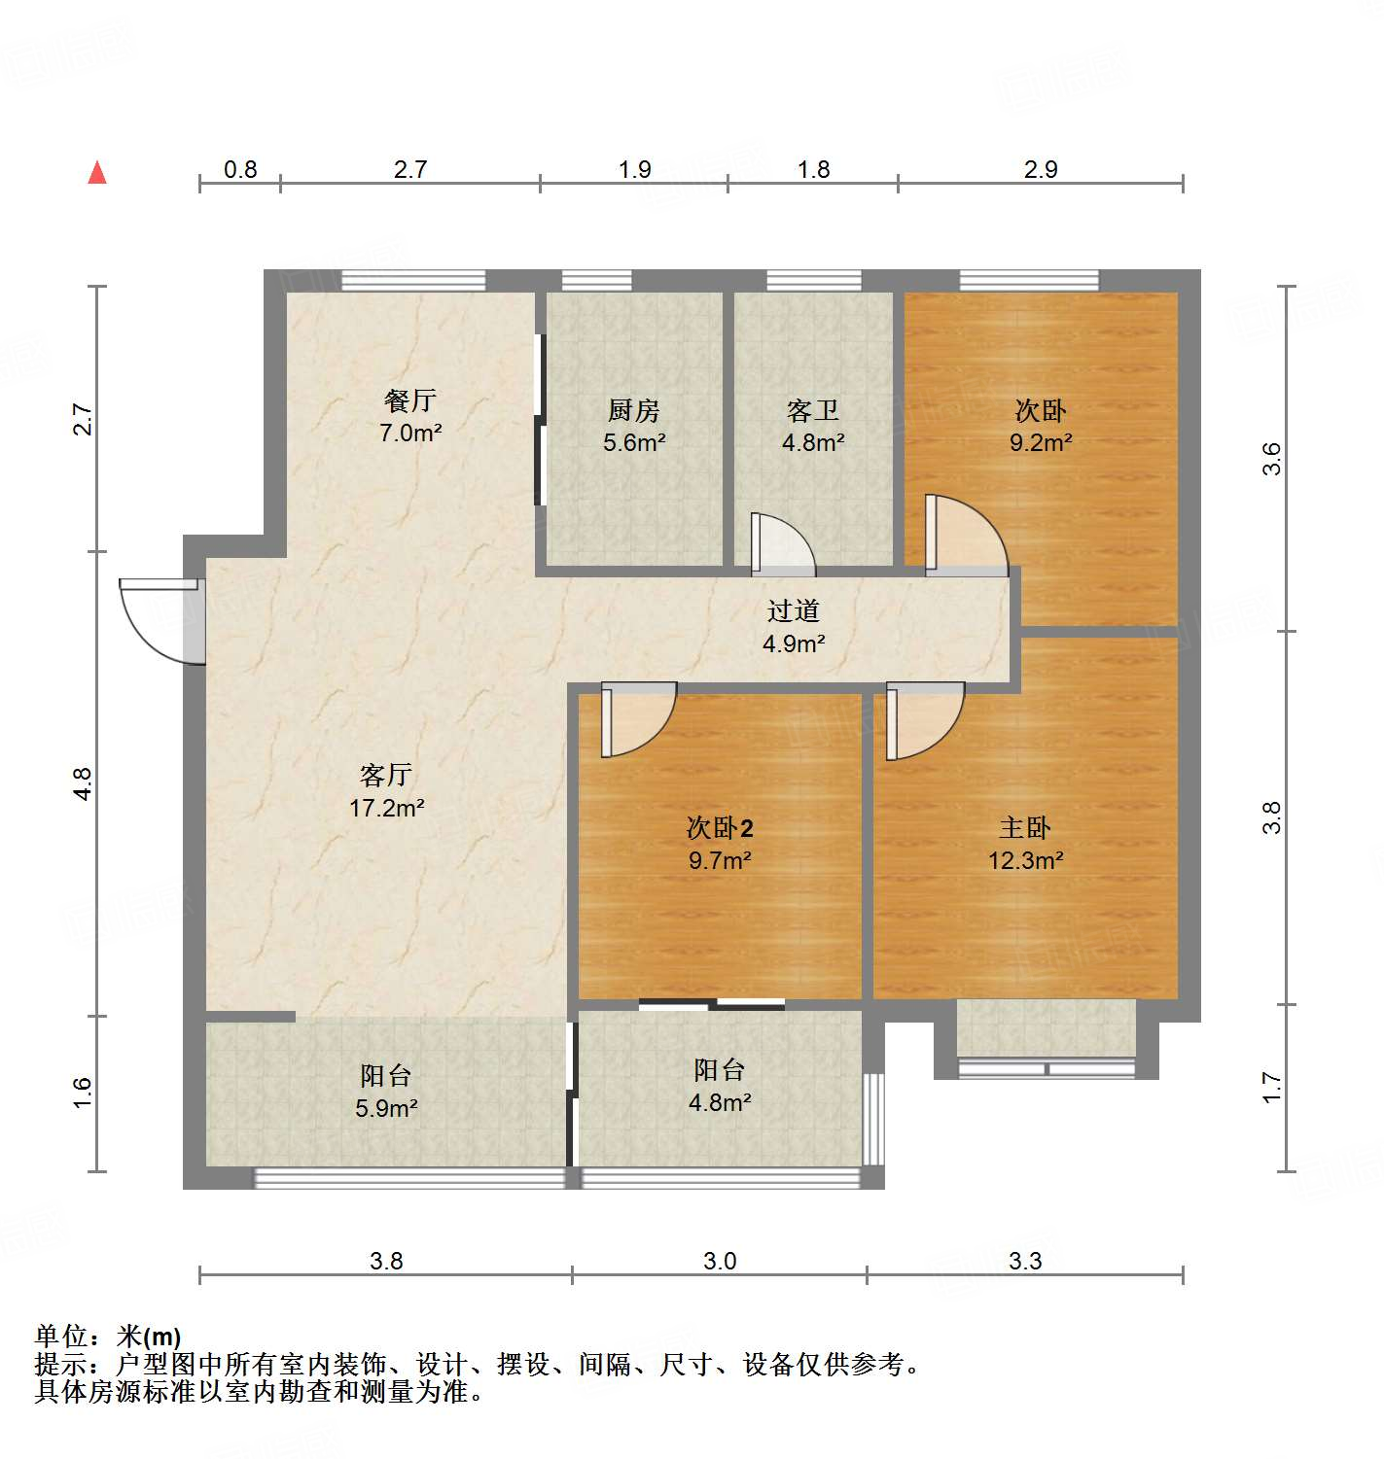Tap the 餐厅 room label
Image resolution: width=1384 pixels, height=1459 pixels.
point(410,400)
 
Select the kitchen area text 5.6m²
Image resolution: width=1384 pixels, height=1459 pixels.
point(634,442)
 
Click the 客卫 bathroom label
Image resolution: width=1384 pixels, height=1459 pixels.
point(813,411)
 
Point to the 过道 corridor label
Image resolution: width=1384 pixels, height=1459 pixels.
point(794,610)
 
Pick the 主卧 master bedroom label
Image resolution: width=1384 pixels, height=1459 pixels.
point(1025,828)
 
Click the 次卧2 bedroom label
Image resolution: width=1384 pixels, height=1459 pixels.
point(720,828)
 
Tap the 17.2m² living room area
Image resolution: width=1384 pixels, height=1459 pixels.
point(387,807)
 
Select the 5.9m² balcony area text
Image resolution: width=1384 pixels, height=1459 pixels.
point(386,1107)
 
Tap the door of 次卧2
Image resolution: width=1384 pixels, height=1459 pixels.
point(637,719)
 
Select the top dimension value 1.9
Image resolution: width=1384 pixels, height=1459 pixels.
point(635,170)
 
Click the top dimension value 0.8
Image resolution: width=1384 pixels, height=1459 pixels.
point(240,170)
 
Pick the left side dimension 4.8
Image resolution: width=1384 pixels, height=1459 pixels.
point(84,783)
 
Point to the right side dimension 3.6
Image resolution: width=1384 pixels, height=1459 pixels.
point(1272,458)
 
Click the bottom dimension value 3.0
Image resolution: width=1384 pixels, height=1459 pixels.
point(720,1261)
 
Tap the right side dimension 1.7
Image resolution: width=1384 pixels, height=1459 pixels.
point(1272,1087)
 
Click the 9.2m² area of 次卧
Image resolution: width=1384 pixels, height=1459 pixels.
point(1041,442)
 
